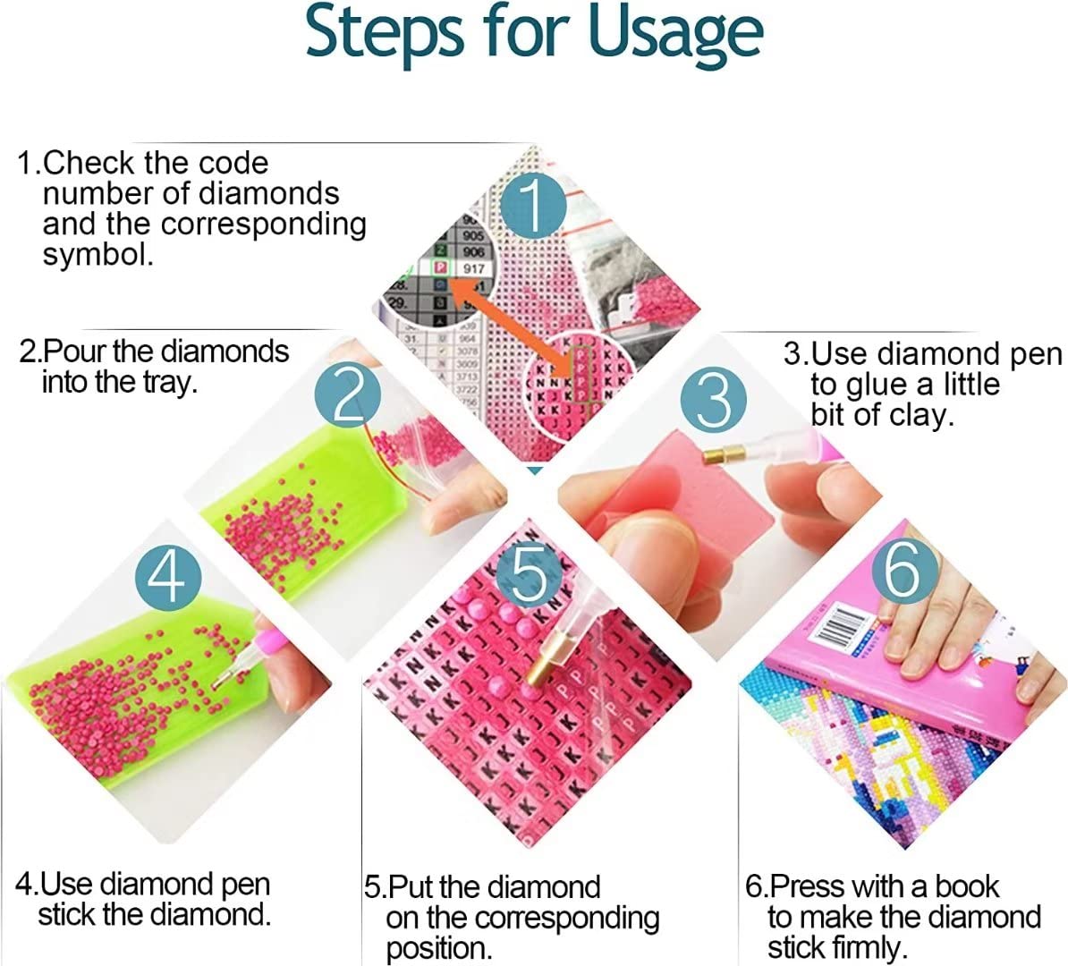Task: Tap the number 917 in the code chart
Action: point(473,268)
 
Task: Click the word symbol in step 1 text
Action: point(97,255)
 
